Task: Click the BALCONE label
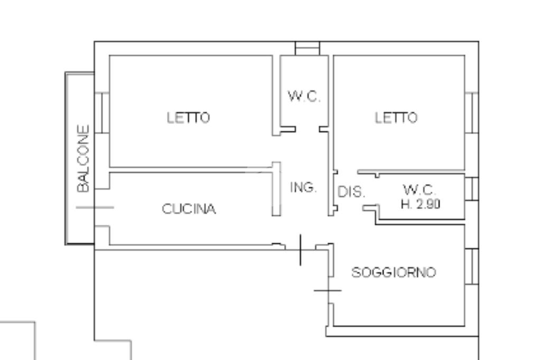pyautogui.click(x=83, y=158)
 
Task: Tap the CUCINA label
pyautogui.click(x=189, y=210)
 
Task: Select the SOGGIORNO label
pyautogui.click(x=394, y=272)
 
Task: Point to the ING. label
pyautogui.click(x=304, y=187)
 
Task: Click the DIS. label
pyautogui.click(x=351, y=192)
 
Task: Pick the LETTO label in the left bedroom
pyautogui.click(x=189, y=117)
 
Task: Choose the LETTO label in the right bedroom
pyautogui.click(x=396, y=117)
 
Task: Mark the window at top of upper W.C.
pyautogui.click(x=307, y=49)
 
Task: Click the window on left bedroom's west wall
pyautogui.click(x=102, y=113)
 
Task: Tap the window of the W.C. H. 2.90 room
pyautogui.click(x=471, y=188)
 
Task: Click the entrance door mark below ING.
pyautogui.click(x=300, y=249)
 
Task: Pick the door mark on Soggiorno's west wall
pyautogui.click(x=328, y=290)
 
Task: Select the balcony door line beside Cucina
pyautogui.click(x=95, y=207)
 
